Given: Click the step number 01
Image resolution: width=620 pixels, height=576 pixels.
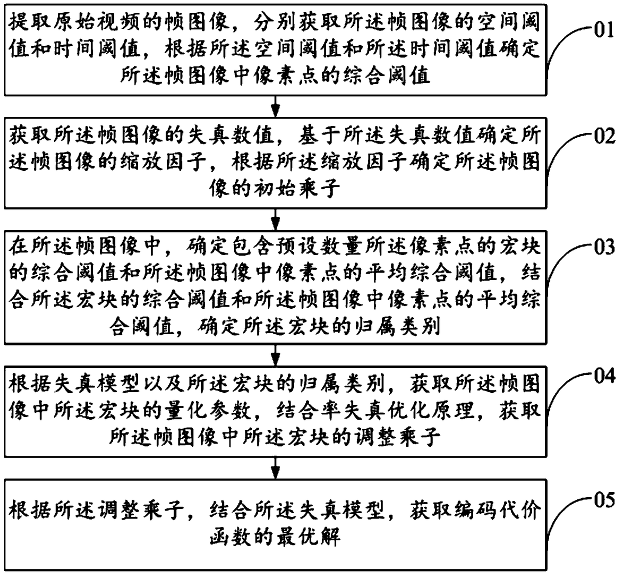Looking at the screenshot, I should [603, 31].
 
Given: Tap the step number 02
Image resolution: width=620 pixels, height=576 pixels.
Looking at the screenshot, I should [603, 136].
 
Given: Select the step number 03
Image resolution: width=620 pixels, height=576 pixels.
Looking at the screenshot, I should [603, 247].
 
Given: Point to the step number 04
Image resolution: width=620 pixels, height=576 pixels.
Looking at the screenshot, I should [603, 375].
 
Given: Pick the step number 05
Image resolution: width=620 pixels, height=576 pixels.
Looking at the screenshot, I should [603, 499].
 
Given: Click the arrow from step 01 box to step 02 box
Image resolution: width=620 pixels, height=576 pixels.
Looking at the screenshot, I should [274, 106].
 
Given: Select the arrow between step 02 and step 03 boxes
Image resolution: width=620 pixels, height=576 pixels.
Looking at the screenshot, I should [274, 218].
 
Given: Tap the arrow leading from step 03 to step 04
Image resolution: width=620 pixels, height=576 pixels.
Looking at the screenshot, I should [274, 354].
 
